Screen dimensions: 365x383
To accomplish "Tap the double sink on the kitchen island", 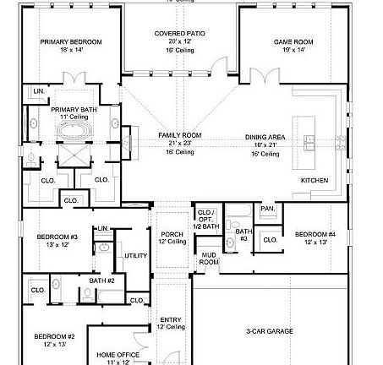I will tap(310, 139).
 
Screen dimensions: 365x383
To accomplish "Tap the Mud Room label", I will tap(208, 259).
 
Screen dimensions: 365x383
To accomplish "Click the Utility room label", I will tap(135, 255).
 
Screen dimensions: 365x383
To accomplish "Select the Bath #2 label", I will tap(102, 280).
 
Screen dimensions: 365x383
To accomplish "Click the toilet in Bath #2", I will tap(87, 294).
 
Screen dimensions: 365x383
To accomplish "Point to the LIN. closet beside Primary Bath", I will tap(39, 90).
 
